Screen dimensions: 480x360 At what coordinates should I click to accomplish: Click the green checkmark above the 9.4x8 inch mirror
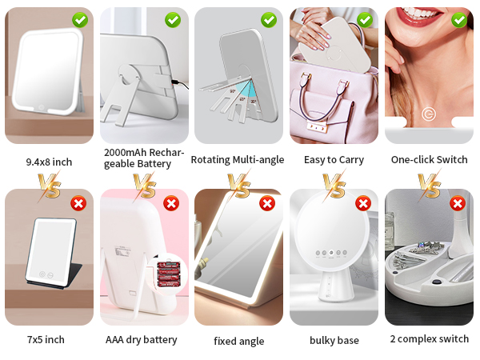tap(80, 20)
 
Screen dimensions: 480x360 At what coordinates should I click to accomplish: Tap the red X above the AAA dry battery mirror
tap(171, 203)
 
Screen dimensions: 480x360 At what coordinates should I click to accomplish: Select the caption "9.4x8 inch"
tap(49, 162)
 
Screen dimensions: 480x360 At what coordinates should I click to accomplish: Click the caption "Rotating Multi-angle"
tap(238, 160)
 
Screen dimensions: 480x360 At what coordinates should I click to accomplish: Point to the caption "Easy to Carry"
tap(334, 160)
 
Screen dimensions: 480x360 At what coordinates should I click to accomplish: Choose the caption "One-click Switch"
tap(429, 159)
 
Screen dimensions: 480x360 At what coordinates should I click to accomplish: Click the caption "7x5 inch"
tap(46, 339)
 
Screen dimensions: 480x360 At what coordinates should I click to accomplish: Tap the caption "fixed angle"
tap(239, 341)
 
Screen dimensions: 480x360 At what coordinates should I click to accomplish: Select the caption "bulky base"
tap(334, 340)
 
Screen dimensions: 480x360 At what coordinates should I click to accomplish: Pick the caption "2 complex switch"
tap(430, 339)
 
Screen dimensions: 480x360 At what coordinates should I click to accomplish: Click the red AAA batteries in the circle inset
tap(168, 274)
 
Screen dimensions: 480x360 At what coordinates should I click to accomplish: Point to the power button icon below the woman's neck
tap(429, 114)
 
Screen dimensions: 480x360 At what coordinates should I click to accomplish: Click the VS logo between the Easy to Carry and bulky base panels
tap(334, 186)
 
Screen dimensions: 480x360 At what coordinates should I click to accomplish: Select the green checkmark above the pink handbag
tap(365, 20)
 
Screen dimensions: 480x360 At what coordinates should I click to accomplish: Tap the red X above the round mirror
tap(363, 203)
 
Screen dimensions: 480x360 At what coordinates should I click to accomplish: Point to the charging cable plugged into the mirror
tap(180, 84)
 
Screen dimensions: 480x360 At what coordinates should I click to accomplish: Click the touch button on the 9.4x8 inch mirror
tap(41, 107)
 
